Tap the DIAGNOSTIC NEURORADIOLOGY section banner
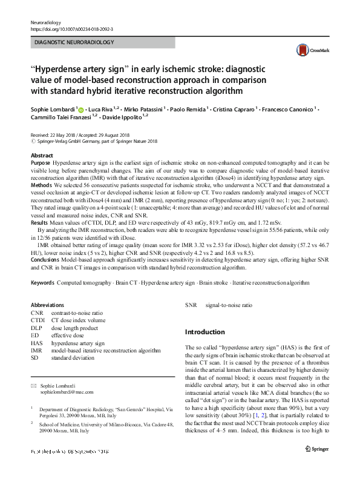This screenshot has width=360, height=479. pos(102,43)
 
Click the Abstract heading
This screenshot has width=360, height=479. pos(42,156)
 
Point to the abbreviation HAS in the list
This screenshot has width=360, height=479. pos(36,342)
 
